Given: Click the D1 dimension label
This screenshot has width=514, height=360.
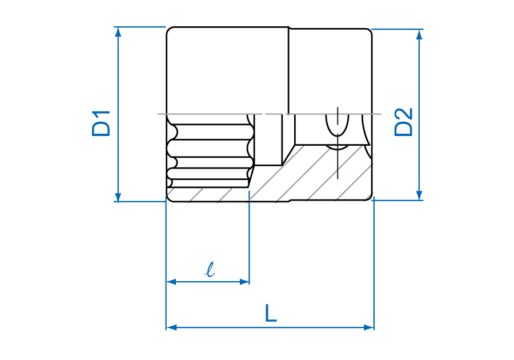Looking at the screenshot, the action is (101, 123).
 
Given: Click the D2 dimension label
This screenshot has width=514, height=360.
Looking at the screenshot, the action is (403, 122).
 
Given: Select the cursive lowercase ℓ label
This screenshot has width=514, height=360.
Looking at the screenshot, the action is (210, 270).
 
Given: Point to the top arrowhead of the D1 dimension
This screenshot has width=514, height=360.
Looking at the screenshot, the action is (118, 32).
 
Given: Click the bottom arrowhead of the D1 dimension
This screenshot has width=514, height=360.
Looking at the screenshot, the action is (118, 197).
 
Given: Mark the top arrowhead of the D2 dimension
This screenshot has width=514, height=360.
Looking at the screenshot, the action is (419, 34).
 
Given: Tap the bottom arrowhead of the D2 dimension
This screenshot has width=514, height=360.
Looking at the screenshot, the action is (419, 195).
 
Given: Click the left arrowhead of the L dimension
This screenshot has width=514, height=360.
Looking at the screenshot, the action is (171, 327).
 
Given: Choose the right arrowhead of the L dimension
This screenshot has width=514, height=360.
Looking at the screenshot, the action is (369, 327).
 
